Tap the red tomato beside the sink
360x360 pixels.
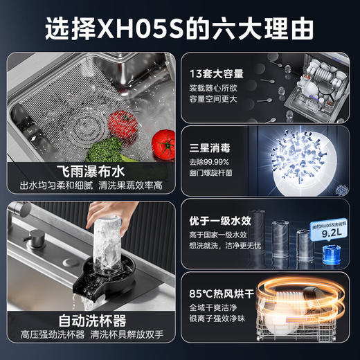pyautogui.click(x=163, y=144)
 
